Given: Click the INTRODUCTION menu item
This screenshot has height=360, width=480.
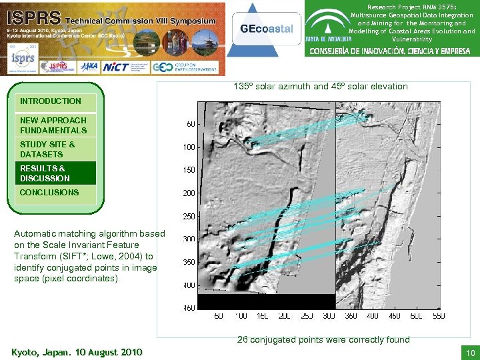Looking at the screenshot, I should [x=51, y=101].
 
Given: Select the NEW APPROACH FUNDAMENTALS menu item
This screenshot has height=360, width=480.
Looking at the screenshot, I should [x=53, y=125].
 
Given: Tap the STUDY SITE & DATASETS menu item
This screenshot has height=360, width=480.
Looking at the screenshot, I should [x=48, y=149].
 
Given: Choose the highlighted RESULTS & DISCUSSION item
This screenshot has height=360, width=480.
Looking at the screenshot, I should [x=45, y=173].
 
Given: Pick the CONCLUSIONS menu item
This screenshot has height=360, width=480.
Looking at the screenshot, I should [x=49, y=193].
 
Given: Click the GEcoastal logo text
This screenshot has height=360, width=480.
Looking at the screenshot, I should [x=266, y=28].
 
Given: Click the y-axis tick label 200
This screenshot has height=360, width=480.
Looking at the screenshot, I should [x=189, y=193].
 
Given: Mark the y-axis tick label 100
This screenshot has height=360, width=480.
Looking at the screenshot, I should [x=189, y=147].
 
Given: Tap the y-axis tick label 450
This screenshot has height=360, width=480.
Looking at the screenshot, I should [x=189, y=308].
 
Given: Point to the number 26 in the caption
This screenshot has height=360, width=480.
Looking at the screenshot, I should [x=243, y=340].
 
